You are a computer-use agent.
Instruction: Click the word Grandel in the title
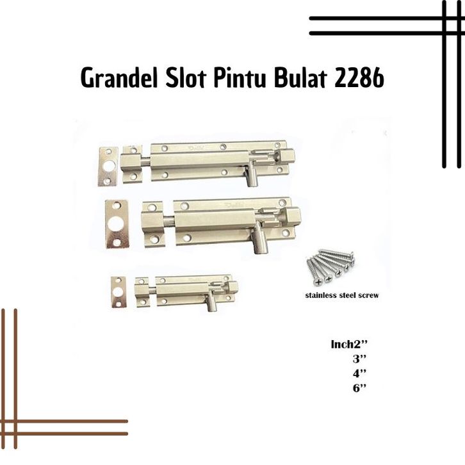[119, 78]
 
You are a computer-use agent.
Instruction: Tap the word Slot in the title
[186, 78]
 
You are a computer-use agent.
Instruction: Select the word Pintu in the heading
[239, 78]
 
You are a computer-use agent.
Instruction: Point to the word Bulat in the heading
[300, 78]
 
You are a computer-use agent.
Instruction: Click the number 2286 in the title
[359, 78]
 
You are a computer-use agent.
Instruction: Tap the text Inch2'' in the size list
[349, 345]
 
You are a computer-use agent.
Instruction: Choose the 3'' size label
[359, 359]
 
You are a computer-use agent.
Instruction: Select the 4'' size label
[359, 373]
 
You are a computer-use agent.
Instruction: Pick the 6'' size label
[359, 388]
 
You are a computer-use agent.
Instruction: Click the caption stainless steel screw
[342, 295]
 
